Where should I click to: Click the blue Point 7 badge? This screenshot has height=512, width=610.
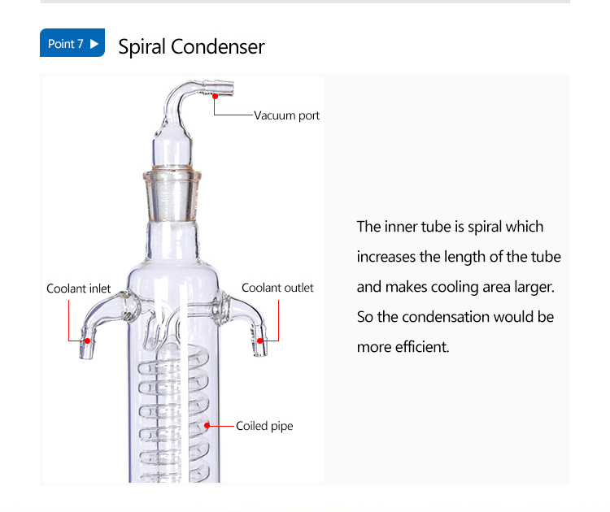pos(72,43)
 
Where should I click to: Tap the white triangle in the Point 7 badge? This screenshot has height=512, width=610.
pos(94,44)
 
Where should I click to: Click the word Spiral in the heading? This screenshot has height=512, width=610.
pos(142,47)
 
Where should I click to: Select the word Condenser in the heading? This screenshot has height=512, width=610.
pos(218,46)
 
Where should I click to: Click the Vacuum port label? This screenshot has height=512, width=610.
pos(287,115)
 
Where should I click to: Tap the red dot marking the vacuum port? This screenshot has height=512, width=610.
pos(215,96)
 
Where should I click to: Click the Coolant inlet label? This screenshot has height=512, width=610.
pos(79,289)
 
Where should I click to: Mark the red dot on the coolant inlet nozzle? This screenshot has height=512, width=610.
pos(88,341)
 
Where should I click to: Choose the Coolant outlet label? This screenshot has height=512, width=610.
pos(277,288)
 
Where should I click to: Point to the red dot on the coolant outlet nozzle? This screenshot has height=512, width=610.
pos(260,341)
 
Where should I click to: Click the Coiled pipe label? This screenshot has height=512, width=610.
pos(264,426)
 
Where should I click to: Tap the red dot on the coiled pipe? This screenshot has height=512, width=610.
pos(207,426)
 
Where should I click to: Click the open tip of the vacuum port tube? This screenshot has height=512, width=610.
pos(233,88)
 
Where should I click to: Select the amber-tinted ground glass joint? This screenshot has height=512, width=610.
pos(172,194)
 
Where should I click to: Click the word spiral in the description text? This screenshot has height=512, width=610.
pos(485,227)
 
